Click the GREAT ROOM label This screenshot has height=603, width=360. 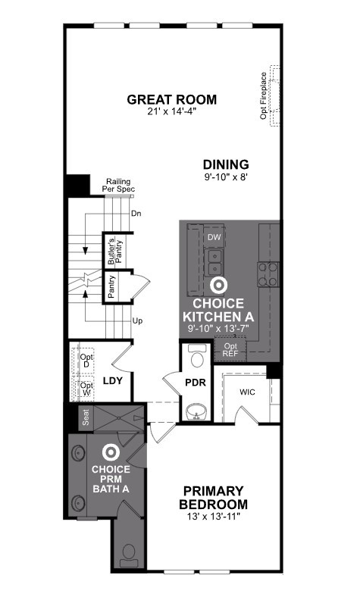(172, 99)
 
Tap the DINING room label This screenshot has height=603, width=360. (226, 164)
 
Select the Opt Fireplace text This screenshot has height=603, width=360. (264, 95)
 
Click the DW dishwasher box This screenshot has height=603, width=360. (214, 237)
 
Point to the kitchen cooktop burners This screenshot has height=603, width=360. (268, 274)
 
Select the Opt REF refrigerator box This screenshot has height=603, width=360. (230, 349)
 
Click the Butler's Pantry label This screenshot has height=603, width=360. (115, 251)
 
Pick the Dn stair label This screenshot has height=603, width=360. (136, 214)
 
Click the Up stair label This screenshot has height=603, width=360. (137, 320)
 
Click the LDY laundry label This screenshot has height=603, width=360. (113, 381)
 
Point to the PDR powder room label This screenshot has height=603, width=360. (196, 383)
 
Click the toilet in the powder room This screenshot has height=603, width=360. (197, 356)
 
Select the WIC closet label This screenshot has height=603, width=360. (247, 392)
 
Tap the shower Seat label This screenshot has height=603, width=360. (86, 417)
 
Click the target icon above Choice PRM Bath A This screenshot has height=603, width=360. (111, 453)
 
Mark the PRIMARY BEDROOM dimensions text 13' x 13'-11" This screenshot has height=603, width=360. (214, 516)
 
